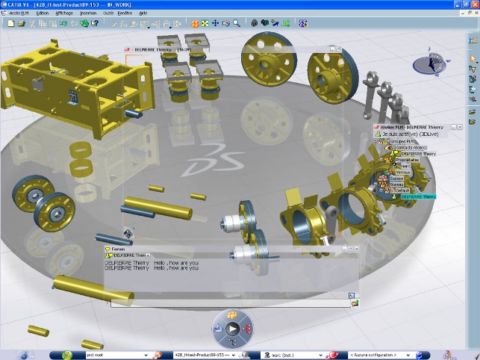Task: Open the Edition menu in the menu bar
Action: pos(43,13)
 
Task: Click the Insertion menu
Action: pos(87,13)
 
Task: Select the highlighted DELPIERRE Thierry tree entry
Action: pos(418,196)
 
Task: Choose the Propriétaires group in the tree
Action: pos(407,159)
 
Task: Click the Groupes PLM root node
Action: pos(403,140)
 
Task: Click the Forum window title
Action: pos(119,249)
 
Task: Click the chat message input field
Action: pos(224,303)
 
